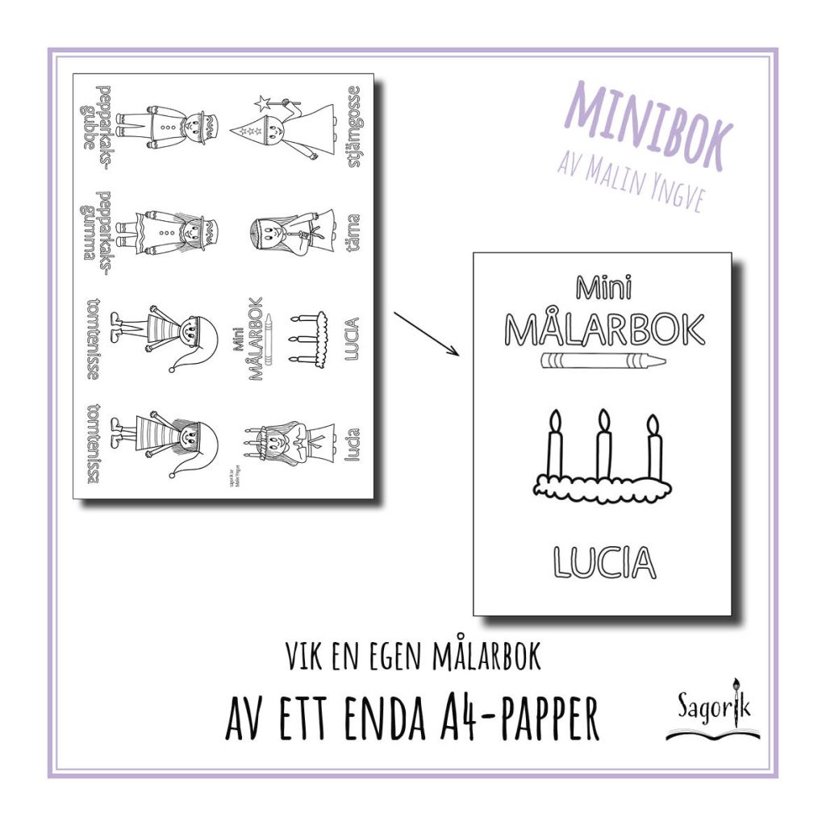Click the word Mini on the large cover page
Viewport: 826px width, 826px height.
(603, 288)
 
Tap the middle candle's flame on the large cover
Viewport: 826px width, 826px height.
(602, 420)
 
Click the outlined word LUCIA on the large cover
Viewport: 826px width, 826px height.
(604, 561)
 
